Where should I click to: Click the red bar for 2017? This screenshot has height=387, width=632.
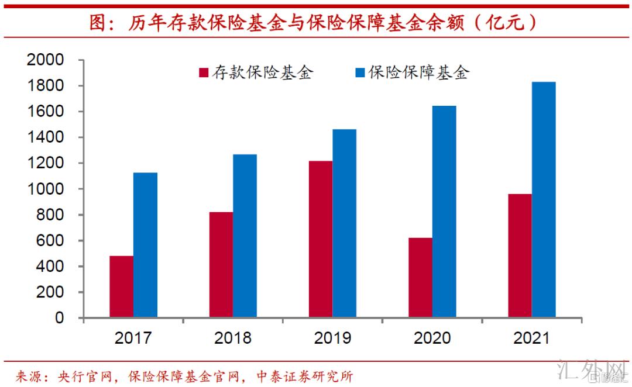pos(121,287)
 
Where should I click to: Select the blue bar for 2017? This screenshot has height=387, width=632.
pos(145,246)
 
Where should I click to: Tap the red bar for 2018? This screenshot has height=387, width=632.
pos(221,265)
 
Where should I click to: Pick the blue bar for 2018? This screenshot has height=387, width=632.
pos(245,236)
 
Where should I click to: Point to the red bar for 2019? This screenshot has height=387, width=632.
pos(321,239)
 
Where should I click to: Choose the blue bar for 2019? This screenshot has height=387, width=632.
pos(344,223)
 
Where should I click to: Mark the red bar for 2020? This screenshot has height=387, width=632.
pos(420,278)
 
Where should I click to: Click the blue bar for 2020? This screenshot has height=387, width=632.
pos(444,212)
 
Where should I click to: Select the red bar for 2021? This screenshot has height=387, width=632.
pos(520,256)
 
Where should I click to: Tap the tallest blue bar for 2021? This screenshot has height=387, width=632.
pos(544,200)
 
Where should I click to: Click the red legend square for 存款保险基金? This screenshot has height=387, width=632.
pos(204,72)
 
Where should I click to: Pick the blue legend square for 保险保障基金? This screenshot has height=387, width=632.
pos(360,72)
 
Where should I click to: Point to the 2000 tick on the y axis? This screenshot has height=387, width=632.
pos(49,60)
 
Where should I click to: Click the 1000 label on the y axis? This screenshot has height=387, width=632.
pos(49,189)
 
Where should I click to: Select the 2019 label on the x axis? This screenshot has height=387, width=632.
pos(332,338)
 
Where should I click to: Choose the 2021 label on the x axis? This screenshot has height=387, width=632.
pos(531,338)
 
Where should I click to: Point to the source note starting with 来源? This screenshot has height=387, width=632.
pos(185,375)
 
